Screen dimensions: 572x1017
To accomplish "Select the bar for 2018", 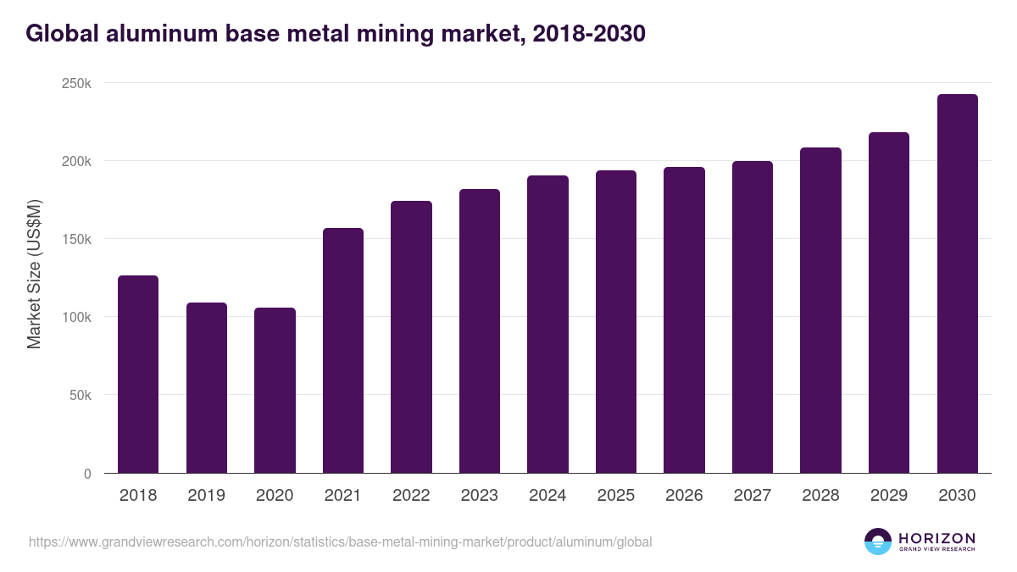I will point(138,375).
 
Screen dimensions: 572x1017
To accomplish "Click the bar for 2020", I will point(275,391).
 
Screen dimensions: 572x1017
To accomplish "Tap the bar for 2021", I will point(343,351).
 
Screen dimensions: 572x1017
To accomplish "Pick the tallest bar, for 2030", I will point(957,284).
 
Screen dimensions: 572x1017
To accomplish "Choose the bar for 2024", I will point(547,325).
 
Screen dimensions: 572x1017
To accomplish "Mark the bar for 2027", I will point(753,317).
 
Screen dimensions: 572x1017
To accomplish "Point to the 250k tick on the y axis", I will point(76,83).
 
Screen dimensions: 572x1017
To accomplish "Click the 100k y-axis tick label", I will point(76,317).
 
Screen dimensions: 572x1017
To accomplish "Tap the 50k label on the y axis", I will point(80,395).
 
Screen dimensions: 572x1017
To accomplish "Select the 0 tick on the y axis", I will point(87,474).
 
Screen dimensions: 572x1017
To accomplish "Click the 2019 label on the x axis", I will point(206,496).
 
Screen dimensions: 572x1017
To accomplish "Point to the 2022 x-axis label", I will point(411,496).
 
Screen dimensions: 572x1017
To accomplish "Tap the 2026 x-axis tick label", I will point(684,496).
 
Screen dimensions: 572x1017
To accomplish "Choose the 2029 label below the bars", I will point(888,496).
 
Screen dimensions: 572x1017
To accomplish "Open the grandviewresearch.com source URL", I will point(340,541).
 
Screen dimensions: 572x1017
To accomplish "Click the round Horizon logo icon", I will point(878,541).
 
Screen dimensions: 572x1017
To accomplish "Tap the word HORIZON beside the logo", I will point(936,538).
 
